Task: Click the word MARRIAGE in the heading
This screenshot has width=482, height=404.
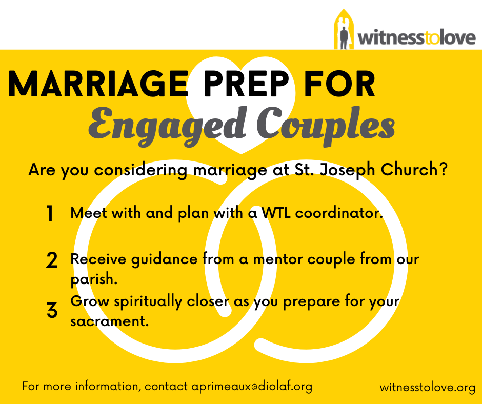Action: pyautogui.click(x=98, y=84)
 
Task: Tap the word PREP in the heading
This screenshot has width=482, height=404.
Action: pyautogui.click(x=246, y=84)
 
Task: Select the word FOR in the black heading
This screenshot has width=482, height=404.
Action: pyautogui.click(x=339, y=84)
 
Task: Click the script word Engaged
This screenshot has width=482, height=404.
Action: pyautogui.click(x=167, y=126)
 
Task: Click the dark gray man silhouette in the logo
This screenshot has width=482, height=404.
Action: pyautogui.click(x=344, y=38)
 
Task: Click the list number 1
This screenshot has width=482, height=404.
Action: pyautogui.click(x=50, y=213)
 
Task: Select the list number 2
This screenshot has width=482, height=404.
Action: pyautogui.click(x=52, y=260)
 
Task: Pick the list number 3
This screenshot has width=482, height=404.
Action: pyautogui.click(x=52, y=310)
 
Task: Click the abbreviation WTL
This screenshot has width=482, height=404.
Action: pyautogui.click(x=276, y=213)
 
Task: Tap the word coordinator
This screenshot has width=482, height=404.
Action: pyautogui.click(x=339, y=213)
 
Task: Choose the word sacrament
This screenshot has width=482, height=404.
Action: pyautogui.click(x=109, y=321)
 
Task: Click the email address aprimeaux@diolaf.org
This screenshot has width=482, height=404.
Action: pyautogui.click(x=252, y=387)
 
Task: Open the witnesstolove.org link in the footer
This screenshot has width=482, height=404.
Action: pyautogui.click(x=428, y=387)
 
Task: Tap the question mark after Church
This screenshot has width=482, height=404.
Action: pyautogui.click(x=444, y=169)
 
